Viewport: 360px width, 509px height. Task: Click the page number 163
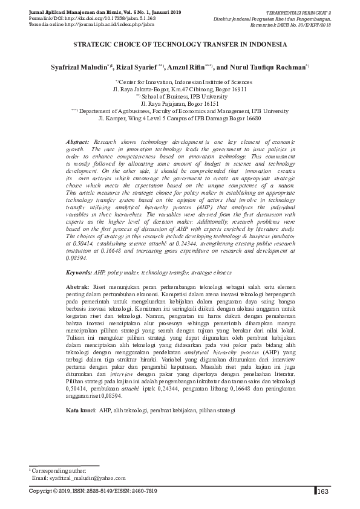pos(322,491)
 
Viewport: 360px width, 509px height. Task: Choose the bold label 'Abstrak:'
pos(77,285)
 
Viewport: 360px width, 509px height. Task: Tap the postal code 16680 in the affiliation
pos(250,118)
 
